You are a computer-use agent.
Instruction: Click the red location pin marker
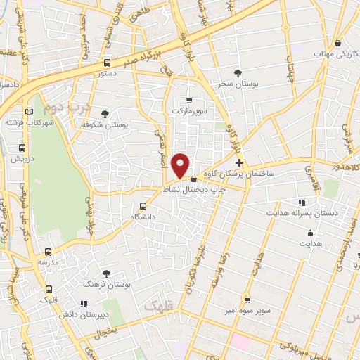[181, 165]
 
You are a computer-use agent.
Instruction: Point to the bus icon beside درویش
[22, 148]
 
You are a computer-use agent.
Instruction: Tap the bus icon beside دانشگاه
[143, 206]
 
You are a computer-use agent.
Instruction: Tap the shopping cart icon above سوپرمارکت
[188, 101]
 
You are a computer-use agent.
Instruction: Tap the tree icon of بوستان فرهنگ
[106, 273]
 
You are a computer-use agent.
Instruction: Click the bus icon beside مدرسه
[48, 251]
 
